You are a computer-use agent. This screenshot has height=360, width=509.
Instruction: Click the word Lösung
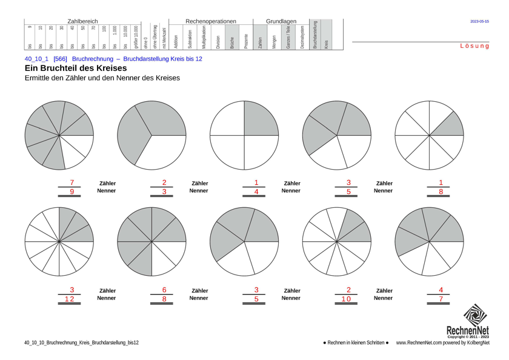[x=474, y=46]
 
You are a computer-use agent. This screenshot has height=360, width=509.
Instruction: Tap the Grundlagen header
[x=281, y=21]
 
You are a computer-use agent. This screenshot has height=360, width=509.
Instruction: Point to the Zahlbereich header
[x=82, y=21]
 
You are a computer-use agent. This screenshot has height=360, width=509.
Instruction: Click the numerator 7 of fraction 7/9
[x=72, y=182]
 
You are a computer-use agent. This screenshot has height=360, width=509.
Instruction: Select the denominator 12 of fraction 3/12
[x=72, y=299]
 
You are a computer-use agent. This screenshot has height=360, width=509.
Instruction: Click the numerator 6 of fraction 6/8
[x=164, y=290]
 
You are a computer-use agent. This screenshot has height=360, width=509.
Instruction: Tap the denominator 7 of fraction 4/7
[x=441, y=299]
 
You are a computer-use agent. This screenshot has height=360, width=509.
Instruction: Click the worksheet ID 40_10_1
[x=36, y=59]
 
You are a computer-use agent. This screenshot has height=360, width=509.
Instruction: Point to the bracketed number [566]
[x=60, y=59]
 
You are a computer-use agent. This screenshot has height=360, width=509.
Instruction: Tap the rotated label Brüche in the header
[x=232, y=41]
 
